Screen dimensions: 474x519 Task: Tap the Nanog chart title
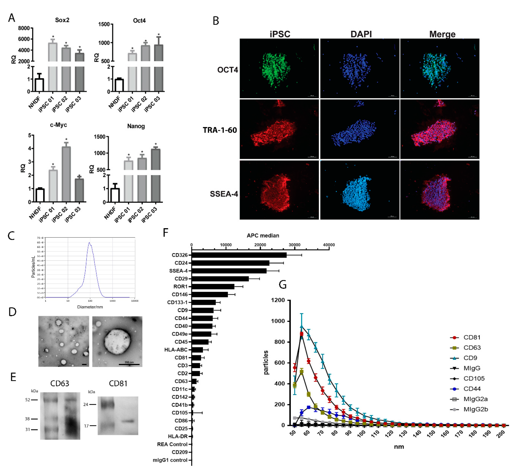click(x=136, y=126)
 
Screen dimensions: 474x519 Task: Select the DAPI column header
click(x=361, y=34)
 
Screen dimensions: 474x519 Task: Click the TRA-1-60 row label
click(x=220, y=130)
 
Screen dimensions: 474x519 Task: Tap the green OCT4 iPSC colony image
click(x=279, y=69)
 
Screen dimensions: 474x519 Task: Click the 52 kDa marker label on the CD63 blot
click(x=27, y=400)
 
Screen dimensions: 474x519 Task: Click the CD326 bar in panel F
click(x=239, y=255)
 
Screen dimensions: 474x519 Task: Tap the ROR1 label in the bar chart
click(x=180, y=287)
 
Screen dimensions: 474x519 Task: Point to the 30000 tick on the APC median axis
click(x=294, y=245)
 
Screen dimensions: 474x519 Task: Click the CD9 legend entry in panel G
click(x=470, y=358)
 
